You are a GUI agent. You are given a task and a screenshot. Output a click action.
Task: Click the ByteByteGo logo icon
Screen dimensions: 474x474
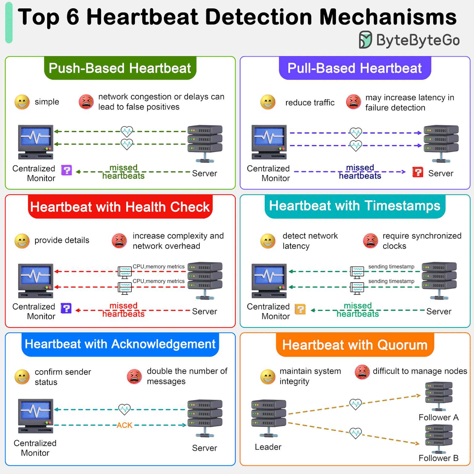pyautogui.click(x=365, y=40)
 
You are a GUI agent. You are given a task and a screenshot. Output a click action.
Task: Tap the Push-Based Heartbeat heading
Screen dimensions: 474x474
pyautogui.click(x=120, y=68)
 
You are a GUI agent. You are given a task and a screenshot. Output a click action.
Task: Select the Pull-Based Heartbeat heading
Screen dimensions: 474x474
pyautogui.click(x=355, y=68)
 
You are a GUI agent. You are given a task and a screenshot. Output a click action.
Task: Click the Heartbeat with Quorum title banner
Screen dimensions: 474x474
pyautogui.click(x=355, y=345)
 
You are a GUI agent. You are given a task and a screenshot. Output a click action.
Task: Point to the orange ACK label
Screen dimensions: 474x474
pyautogui.click(x=124, y=425)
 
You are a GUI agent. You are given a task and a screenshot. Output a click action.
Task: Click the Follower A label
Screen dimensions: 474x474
pyautogui.click(x=439, y=418)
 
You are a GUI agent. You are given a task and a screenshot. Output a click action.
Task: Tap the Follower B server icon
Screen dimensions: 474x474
pyautogui.click(x=439, y=439)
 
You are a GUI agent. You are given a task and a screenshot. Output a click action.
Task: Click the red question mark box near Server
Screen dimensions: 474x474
pyautogui.click(x=418, y=172)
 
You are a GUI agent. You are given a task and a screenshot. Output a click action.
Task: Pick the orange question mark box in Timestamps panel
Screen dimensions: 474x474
pyautogui.click(x=300, y=309)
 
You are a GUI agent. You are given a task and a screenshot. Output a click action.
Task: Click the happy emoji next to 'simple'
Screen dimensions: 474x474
pyautogui.click(x=22, y=102)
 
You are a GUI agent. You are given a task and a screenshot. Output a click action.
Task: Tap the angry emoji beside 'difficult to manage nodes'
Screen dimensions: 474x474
pyautogui.click(x=362, y=372)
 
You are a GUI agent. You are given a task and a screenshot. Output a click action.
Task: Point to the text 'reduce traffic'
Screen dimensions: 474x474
pyautogui.click(x=310, y=102)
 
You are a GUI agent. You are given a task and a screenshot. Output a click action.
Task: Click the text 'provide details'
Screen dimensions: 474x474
pyautogui.click(x=62, y=240)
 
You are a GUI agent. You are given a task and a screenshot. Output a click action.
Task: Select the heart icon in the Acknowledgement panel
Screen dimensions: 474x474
pyautogui.click(x=124, y=410)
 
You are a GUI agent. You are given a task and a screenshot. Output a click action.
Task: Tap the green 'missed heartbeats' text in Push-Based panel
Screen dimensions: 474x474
pyautogui.click(x=123, y=172)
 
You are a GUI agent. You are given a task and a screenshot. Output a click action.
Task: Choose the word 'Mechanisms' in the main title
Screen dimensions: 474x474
pyautogui.click(x=388, y=17)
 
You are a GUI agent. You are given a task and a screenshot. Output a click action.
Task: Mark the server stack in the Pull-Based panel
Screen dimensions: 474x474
pyautogui.click(x=441, y=143)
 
